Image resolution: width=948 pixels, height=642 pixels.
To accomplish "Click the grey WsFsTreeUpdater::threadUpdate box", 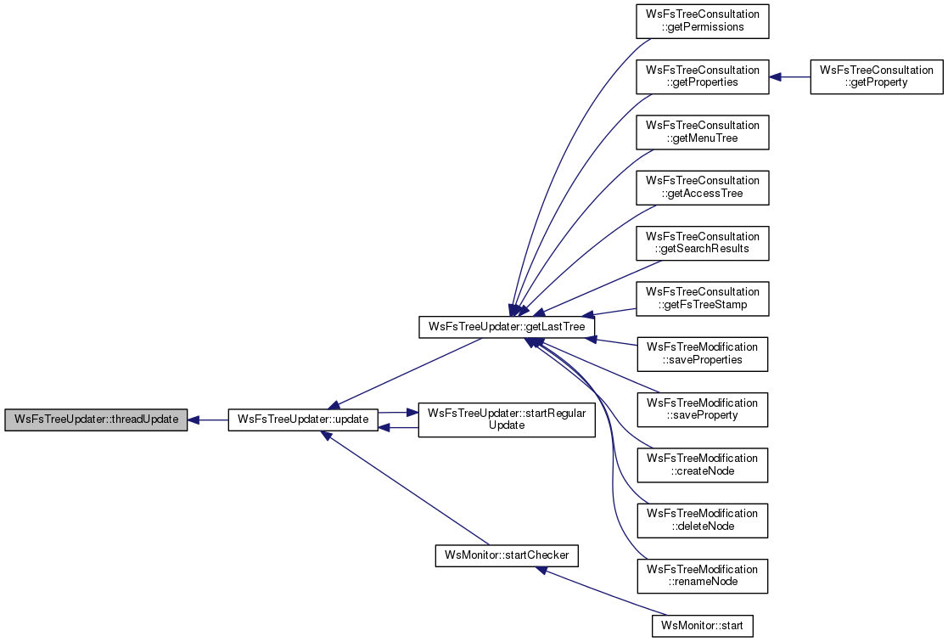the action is pyautogui.click(x=96, y=420).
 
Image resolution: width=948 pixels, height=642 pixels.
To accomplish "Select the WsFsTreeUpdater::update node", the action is pyautogui.click(x=303, y=420).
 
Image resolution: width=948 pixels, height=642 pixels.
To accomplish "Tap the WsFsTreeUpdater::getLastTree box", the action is pyautogui.click(x=507, y=327).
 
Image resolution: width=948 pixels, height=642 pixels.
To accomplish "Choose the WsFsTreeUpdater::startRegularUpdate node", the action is pyautogui.click(x=507, y=420).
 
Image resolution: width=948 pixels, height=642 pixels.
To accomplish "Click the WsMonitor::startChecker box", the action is pyautogui.click(x=507, y=555).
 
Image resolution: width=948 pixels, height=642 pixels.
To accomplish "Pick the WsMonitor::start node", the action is pyautogui.click(x=702, y=626).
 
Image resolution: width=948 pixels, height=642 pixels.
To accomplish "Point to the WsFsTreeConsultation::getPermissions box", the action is pyautogui.click(x=702, y=21).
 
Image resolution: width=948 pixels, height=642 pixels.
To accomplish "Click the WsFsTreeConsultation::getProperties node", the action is pyautogui.click(x=702, y=76).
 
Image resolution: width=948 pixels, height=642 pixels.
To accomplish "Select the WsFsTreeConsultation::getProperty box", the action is pyautogui.click(x=877, y=76).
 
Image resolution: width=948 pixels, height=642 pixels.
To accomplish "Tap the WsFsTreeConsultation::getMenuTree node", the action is pyautogui.click(x=702, y=132).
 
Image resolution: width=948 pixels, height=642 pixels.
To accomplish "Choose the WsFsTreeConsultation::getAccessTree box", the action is pyautogui.click(x=702, y=188).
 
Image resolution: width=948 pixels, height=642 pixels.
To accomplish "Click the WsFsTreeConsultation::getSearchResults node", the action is pyautogui.click(x=702, y=243).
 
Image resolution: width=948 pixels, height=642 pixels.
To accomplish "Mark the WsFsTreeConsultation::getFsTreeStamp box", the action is pyautogui.click(x=702, y=298).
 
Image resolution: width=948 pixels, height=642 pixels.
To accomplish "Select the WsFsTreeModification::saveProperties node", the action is pyautogui.click(x=702, y=354).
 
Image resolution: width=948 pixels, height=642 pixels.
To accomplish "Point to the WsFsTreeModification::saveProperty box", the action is pyautogui.click(x=702, y=409).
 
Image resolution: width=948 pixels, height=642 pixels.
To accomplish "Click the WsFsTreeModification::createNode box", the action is pyautogui.click(x=702, y=465).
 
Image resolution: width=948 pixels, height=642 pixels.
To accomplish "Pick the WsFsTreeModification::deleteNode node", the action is pyautogui.click(x=702, y=521).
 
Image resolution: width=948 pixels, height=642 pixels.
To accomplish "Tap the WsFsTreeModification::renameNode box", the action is pyautogui.click(x=702, y=576).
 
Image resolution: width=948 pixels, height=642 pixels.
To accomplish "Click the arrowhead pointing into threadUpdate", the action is pyautogui.click(x=194, y=420).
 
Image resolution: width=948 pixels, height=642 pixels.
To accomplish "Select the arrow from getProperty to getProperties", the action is pyautogui.click(x=789, y=76).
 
